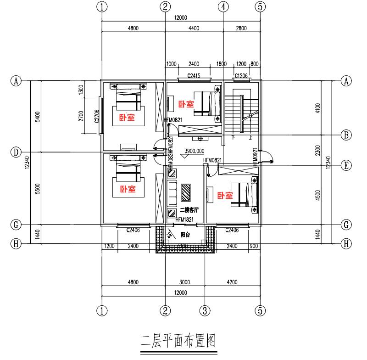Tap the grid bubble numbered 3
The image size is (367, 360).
click(205, 311)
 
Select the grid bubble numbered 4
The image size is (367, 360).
click(223, 7)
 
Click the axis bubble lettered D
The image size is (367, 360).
click(16, 152)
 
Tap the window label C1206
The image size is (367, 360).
click(242, 75)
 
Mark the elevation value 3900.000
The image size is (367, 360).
click(195, 151)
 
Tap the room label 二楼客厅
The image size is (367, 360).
click(189, 210)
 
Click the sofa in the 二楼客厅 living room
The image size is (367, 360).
click(173, 193)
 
